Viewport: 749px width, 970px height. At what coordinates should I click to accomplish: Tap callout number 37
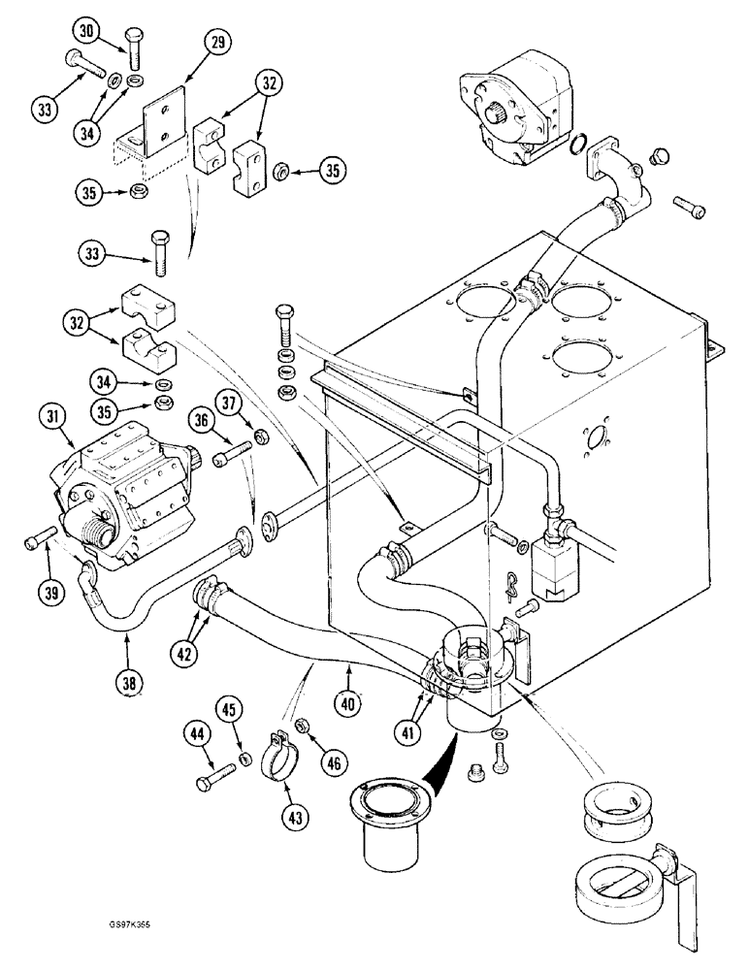pos(256,400)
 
